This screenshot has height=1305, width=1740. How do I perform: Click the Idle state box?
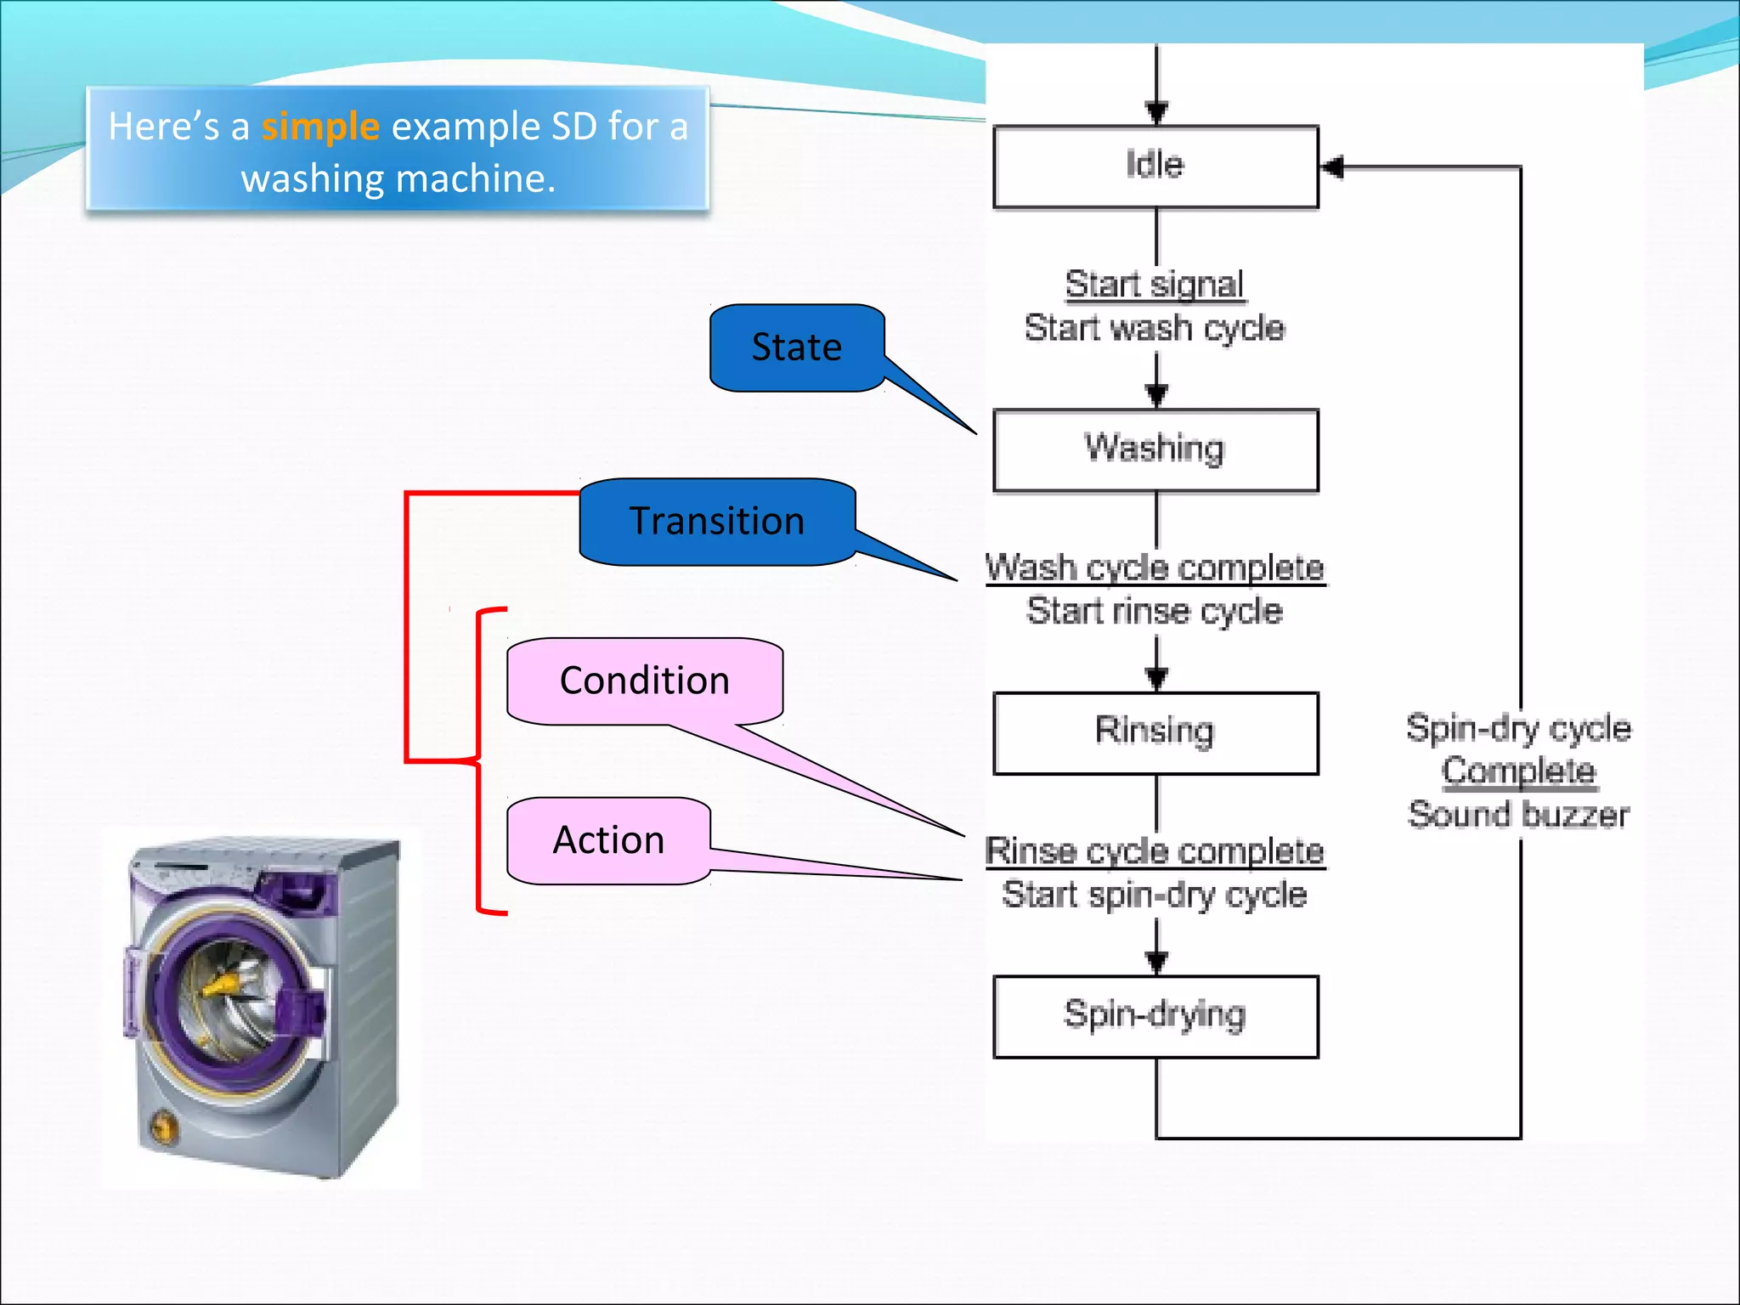click(1155, 167)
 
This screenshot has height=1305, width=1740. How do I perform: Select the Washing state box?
click(1155, 449)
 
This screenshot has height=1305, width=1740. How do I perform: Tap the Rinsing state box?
click(1155, 732)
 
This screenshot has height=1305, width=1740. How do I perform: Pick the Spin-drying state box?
click(1155, 1016)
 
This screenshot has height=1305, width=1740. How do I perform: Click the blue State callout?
click(797, 347)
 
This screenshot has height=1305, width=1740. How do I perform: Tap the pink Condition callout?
click(645, 681)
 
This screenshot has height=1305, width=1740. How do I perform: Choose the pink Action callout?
click(608, 840)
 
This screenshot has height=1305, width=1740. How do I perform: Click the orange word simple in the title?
click(319, 127)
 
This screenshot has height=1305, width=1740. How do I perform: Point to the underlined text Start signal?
click(1155, 284)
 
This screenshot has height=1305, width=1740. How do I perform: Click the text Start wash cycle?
click(1155, 328)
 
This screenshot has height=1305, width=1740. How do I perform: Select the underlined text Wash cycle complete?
click(1155, 568)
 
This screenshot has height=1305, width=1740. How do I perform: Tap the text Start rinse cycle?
click(1155, 611)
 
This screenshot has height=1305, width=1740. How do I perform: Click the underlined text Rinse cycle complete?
click(1155, 850)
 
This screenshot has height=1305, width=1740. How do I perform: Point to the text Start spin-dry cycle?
click(1155, 895)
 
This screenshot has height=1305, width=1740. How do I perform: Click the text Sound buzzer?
click(1518, 815)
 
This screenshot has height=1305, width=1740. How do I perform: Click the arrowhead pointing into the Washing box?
click(1156, 394)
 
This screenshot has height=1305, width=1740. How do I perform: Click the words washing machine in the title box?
click(398, 179)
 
